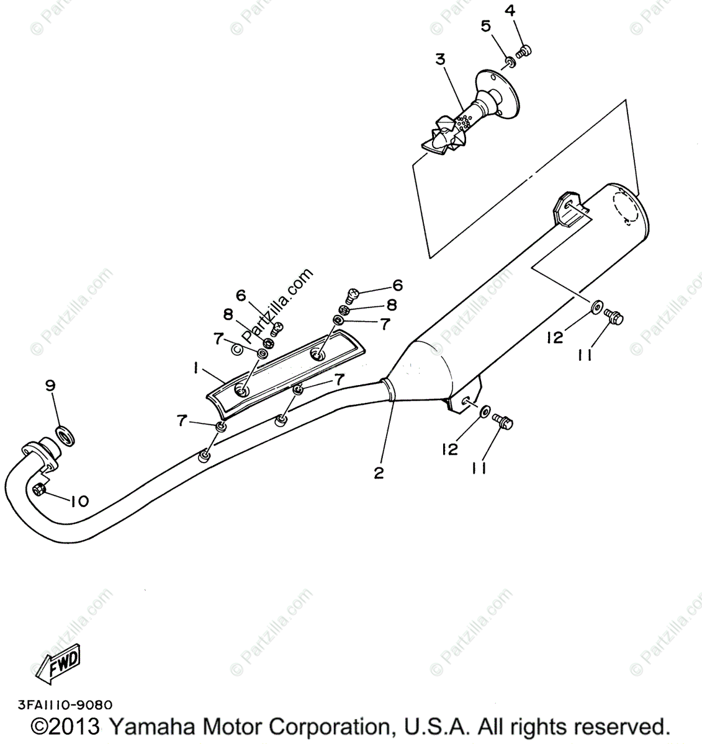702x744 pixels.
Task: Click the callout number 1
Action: click(196, 368)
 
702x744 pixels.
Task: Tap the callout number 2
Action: click(379, 473)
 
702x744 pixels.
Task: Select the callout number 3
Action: click(440, 60)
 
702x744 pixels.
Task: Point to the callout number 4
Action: click(510, 11)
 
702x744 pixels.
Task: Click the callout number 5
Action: click(486, 26)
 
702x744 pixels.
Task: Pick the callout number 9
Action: click(50, 386)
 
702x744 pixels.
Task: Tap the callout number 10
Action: click(79, 501)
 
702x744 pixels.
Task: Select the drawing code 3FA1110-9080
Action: click(60, 705)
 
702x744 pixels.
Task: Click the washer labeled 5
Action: click(509, 61)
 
